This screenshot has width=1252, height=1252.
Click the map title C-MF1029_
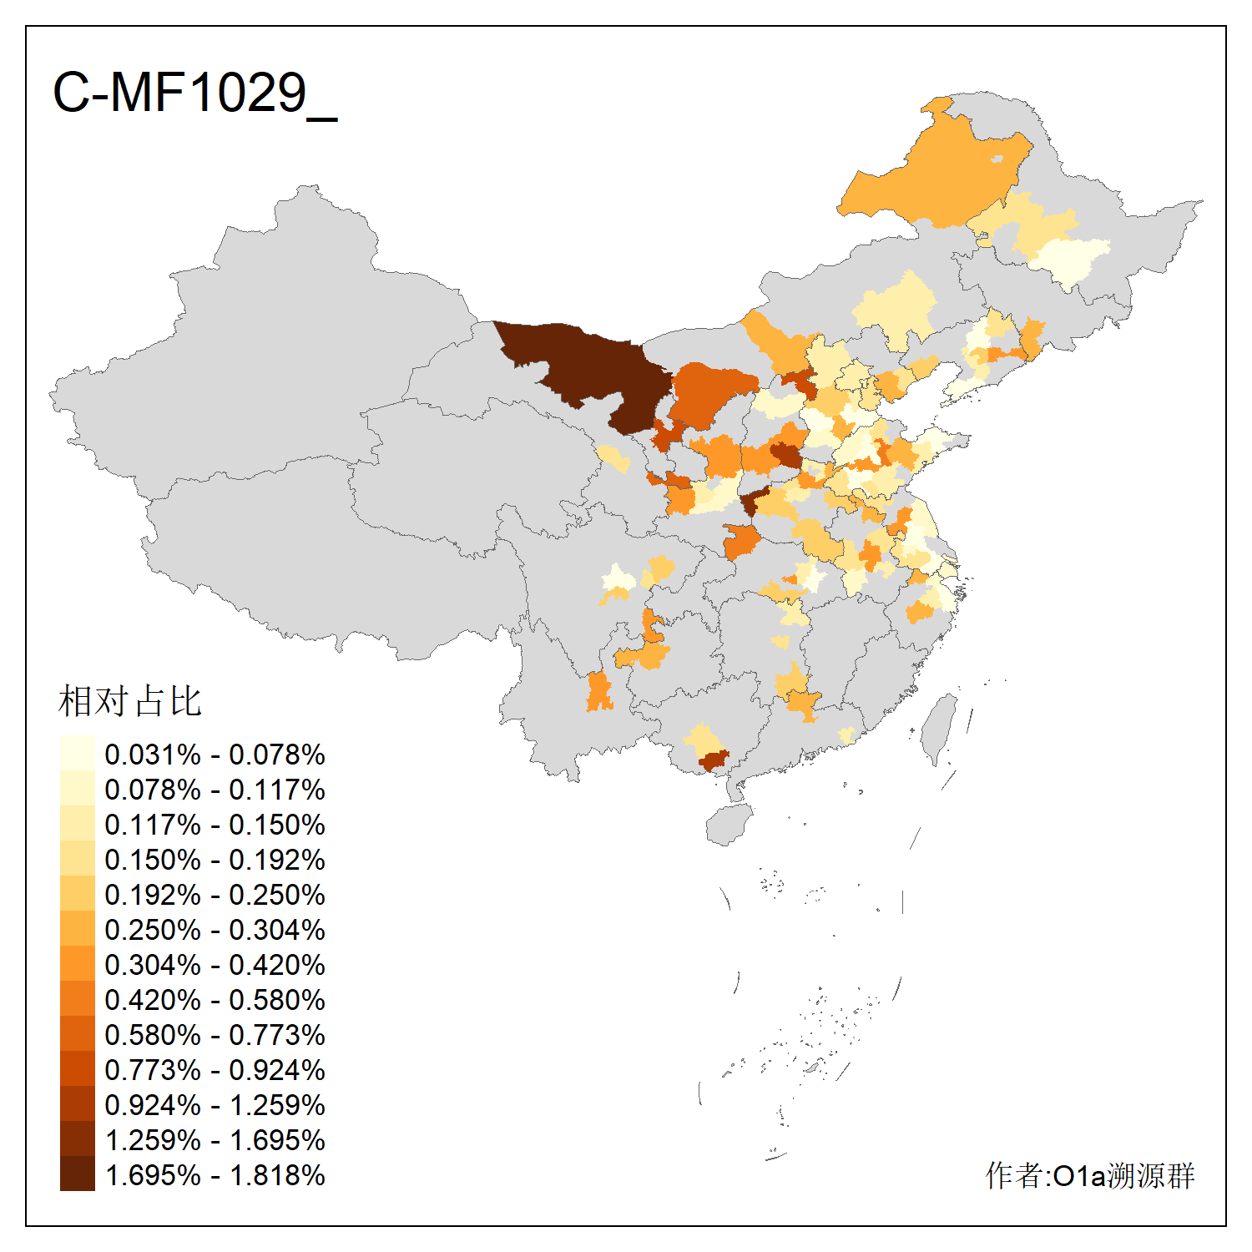tap(194, 93)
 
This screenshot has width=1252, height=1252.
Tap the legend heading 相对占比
tap(130, 701)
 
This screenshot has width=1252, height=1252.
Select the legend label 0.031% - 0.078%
tap(215, 755)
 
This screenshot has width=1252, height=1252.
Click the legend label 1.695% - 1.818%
tap(215, 1175)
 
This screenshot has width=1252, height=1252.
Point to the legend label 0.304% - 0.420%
tap(215, 965)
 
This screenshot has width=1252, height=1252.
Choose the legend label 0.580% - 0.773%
tap(215, 1035)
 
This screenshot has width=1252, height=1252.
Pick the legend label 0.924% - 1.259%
tap(215, 1105)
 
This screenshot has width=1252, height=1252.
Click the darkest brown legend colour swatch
tap(77, 1174)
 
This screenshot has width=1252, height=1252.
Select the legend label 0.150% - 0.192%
tap(215, 860)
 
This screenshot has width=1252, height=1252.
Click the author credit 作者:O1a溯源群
tap(1090, 1175)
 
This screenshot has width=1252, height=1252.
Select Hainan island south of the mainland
tap(729, 825)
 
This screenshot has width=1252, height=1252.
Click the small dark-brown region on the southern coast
tap(714, 760)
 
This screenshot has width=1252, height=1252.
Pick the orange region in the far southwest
tap(598, 692)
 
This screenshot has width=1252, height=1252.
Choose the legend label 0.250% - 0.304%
tap(215, 930)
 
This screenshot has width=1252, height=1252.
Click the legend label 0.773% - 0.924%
tap(215, 1070)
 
